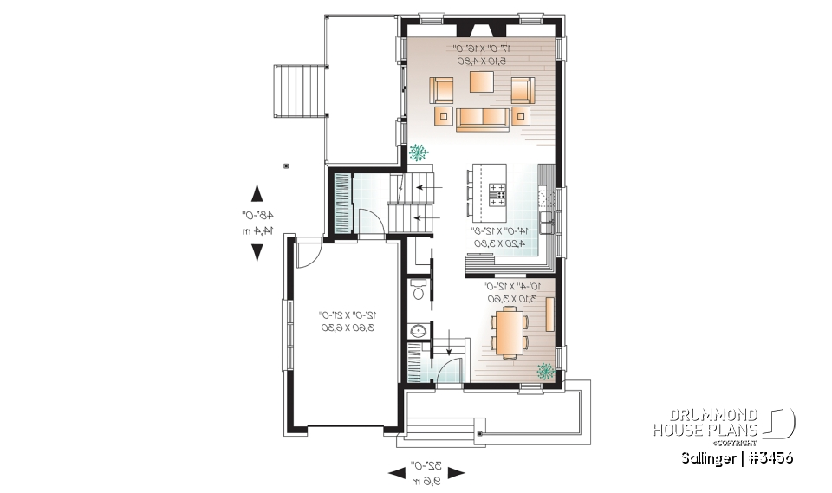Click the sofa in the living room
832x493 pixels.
[x=483, y=118]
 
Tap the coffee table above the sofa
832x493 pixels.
[x=483, y=82]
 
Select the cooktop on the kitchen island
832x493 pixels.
[x=497, y=192]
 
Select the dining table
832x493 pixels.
[x=508, y=333]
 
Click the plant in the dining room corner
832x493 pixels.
[x=545, y=372]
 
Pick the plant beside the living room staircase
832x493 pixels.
[x=419, y=153]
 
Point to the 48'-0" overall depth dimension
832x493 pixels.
[x=257, y=223]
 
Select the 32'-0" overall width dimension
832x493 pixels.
[x=426, y=473]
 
